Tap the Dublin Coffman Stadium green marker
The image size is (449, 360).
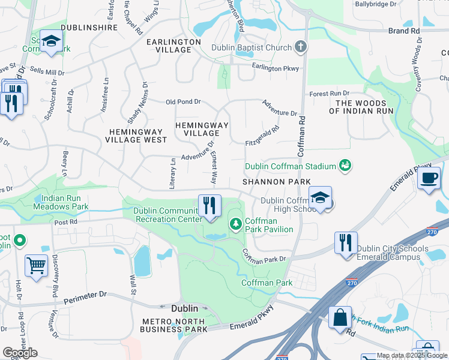[x=345, y=164]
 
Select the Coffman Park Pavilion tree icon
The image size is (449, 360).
[x=236, y=224]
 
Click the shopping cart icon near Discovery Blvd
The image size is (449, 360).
[x=37, y=265]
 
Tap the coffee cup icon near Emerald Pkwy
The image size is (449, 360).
[x=429, y=178]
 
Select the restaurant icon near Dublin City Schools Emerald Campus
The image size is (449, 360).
[x=346, y=242]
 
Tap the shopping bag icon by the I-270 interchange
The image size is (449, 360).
[x=340, y=317]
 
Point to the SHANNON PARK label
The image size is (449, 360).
[x=277, y=181]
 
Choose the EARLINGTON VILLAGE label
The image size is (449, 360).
[x=173, y=46]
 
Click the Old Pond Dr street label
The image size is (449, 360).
[x=183, y=102]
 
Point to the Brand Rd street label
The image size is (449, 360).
[x=403, y=31]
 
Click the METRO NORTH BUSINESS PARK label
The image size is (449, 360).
[x=173, y=325]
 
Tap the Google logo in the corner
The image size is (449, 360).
[x=20, y=352]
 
